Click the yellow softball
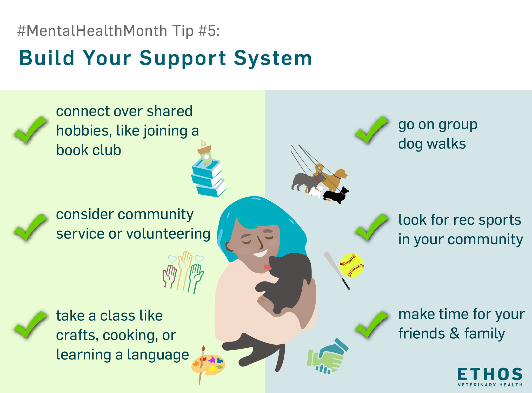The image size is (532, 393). [352, 265]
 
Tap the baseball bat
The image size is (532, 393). [337, 270]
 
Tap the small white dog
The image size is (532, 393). [316, 192]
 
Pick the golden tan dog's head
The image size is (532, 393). [341, 173]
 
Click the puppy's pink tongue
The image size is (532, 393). [267, 267]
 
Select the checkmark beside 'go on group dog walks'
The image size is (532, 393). [371, 130]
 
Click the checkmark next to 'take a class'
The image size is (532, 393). [30, 324]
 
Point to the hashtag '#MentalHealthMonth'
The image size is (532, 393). [92, 31]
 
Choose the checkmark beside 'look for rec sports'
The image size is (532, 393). [371, 227]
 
